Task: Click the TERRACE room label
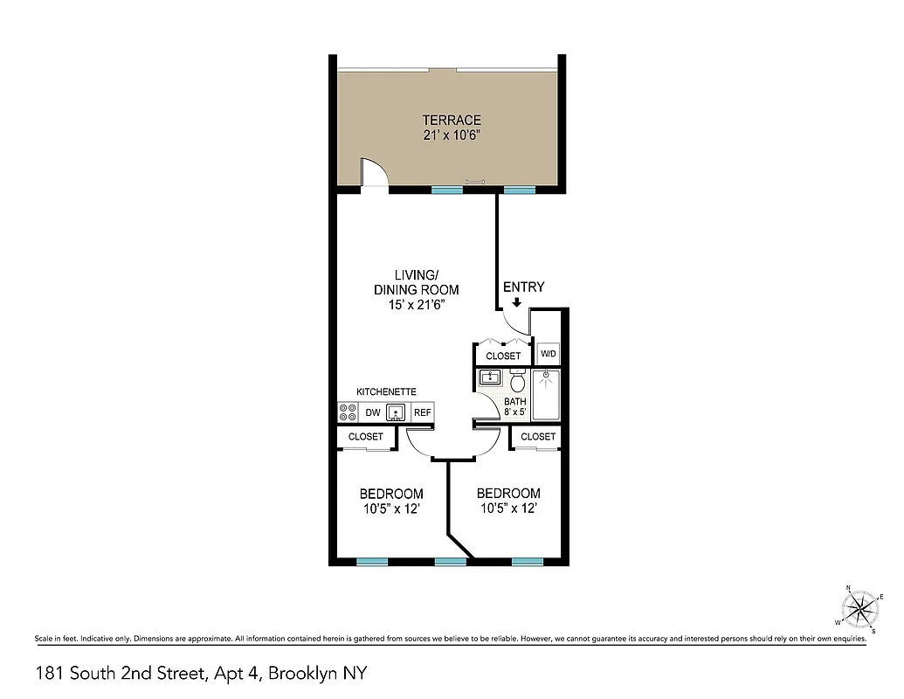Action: tap(452, 120)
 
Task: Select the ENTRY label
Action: tap(523, 287)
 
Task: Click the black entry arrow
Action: tap(517, 303)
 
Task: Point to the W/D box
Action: tap(549, 354)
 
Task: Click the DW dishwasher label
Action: tap(372, 413)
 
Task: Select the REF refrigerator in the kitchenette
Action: tap(423, 413)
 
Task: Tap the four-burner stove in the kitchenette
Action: tap(347, 412)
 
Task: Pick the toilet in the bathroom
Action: tap(517, 382)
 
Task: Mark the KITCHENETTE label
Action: tap(386, 392)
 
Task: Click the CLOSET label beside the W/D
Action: tap(503, 356)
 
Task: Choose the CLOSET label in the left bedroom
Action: tap(365, 436)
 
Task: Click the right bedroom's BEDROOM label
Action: tap(508, 493)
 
